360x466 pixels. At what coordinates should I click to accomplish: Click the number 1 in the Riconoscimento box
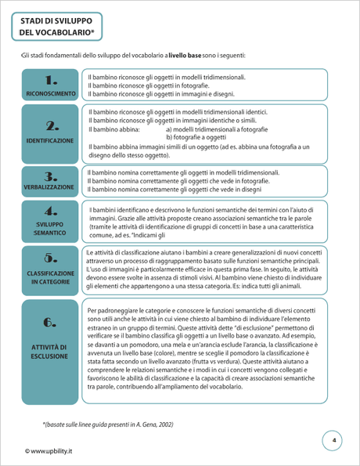pos(51,80)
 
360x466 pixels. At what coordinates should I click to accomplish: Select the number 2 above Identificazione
pos(51,125)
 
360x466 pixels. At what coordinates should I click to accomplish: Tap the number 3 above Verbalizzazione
pos(51,176)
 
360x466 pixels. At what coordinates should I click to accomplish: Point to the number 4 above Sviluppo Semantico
pos(51,211)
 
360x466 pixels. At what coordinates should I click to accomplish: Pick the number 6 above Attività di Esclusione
pos(51,322)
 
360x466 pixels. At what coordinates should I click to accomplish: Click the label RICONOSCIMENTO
pos(51,94)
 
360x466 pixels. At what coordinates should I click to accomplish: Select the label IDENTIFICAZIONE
pos(51,141)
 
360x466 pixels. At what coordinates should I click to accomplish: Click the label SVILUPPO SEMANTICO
pos(51,228)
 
